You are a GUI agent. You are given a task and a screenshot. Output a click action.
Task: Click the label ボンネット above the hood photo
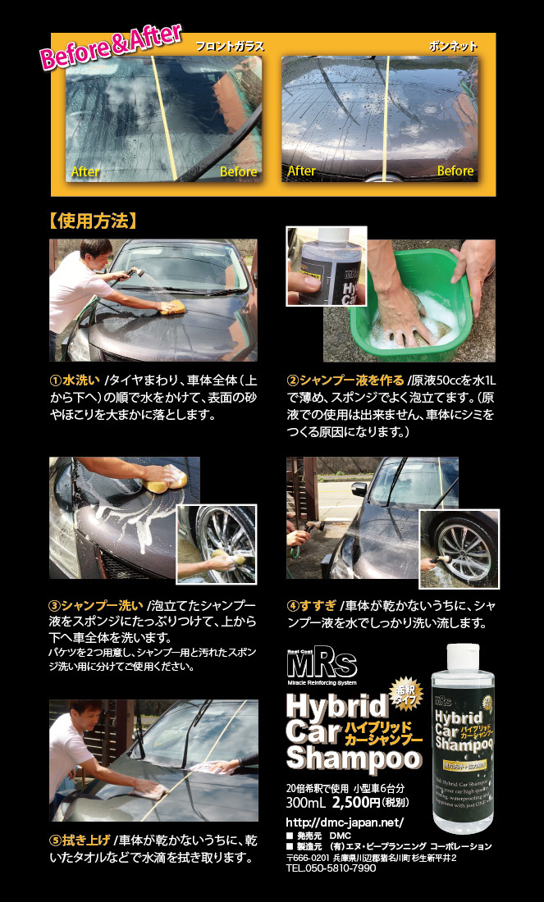[453, 47]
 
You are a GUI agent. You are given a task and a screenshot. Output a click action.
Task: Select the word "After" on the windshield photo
[85, 172]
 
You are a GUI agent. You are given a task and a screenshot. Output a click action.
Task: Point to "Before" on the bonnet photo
[455, 171]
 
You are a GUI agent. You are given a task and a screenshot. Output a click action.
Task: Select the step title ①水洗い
[75, 380]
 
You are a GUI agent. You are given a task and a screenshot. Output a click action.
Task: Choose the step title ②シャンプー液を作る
[345, 380]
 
